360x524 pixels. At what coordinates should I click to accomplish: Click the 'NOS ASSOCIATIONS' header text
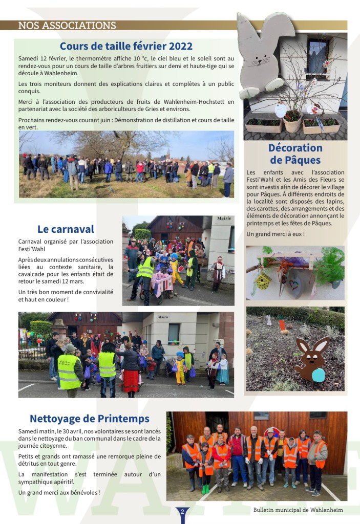click(67, 26)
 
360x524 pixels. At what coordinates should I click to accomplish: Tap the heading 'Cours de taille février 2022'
click(126, 47)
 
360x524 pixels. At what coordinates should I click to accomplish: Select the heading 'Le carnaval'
click(66, 229)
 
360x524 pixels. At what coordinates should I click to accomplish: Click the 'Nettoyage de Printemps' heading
click(90, 419)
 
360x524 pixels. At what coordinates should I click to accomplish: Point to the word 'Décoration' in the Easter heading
click(295, 148)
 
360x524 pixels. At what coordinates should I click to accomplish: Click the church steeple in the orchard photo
click(166, 154)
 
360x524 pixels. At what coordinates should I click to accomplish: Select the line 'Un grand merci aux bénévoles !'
click(59, 492)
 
